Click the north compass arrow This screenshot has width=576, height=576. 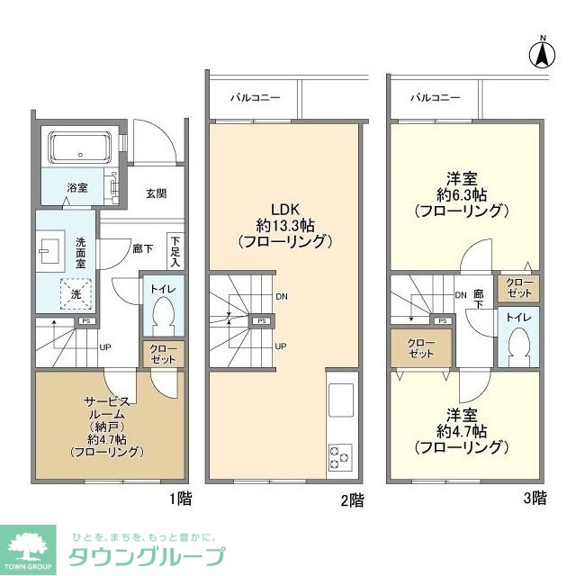[x=544, y=53]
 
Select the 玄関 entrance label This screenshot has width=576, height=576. [x=156, y=193]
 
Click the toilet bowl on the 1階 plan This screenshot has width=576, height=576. [x=163, y=315]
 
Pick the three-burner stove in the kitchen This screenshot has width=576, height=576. [x=340, y=455]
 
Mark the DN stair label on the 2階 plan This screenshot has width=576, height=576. [x=282, y=296]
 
